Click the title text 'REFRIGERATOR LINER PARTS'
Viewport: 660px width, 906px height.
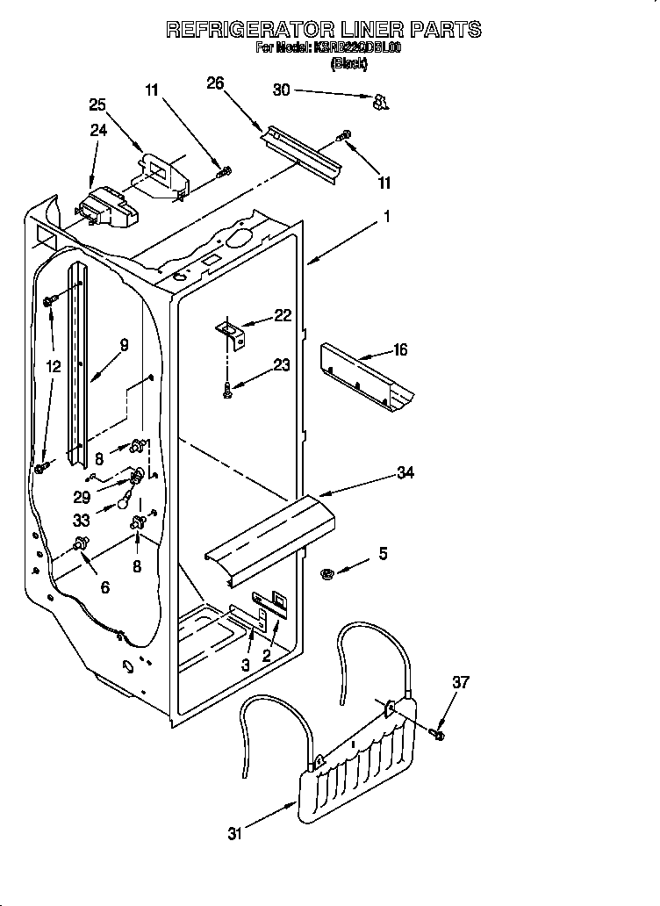pos(324,30)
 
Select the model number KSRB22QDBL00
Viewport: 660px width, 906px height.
pos(356,49)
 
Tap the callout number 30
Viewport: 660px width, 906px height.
pos(281,90)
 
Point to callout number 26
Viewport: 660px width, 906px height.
pos(215,83)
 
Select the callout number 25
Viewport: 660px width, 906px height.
pos(98,104)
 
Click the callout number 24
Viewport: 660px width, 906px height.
pos(98,130)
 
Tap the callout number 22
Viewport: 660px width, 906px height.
pos(282,316)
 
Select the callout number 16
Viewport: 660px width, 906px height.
pos(399,349)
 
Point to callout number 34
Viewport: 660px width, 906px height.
pos(405,473)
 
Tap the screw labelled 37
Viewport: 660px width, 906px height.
pos(440,731)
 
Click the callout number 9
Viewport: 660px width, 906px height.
pos(124,345)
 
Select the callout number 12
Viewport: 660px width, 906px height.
pos(54,367)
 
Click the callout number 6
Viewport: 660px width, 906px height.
pos(104,587)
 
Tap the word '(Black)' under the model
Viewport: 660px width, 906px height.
pos(348,64)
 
